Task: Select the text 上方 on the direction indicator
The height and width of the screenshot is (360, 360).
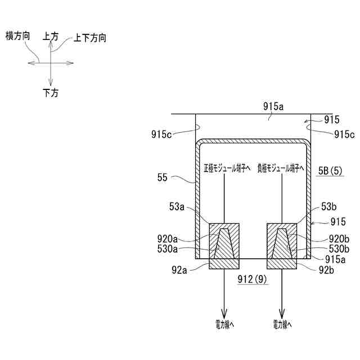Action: [x=51, y=36]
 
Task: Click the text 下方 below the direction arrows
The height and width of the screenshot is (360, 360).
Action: [x=51, y=93]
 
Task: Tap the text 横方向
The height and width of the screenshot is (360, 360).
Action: [x=17, y=36]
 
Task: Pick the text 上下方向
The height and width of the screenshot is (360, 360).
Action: [x=90, y=38]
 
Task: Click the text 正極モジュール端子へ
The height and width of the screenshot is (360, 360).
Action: [x=224, y=167]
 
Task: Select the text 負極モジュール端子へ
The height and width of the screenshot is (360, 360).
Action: [x=280, y=167]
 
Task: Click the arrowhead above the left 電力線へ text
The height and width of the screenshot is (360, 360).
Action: [x=224, y=314]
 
